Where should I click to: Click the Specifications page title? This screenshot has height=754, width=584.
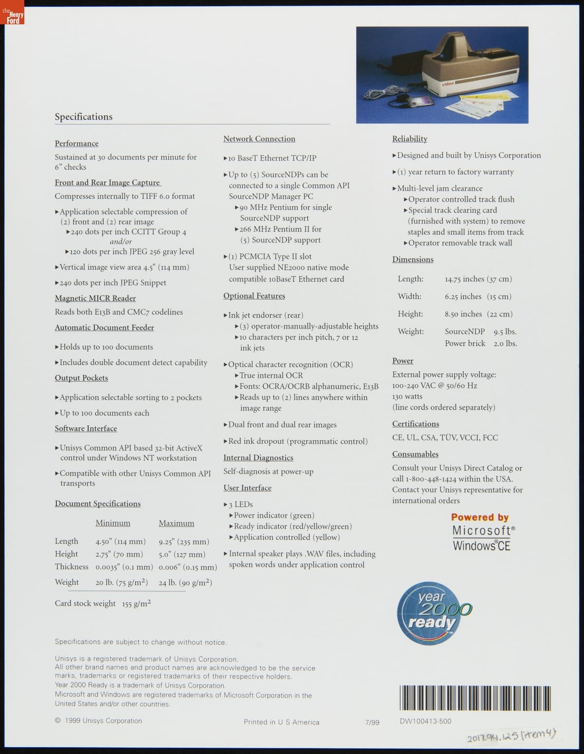point(83,117)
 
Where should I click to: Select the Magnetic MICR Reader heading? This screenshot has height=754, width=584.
point(95,298)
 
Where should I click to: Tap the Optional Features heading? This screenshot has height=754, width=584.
point(254,296)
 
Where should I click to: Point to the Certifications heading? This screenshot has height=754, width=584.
point(416,423)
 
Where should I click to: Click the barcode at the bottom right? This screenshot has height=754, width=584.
point(475,698)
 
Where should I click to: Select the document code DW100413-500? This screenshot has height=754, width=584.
point(425,721)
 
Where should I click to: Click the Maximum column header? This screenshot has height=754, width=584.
point(176,523)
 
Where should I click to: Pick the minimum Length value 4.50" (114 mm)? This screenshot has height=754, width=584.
point(120,542)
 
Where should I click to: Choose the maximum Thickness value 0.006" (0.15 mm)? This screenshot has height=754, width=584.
point(187,567)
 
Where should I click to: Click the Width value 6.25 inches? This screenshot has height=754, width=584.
point(463,297)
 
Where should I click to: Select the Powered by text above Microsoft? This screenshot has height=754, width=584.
point(480,517)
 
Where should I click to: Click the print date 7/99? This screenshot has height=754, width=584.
point(372,722)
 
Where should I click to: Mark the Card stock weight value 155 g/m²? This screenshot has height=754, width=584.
point(136,604)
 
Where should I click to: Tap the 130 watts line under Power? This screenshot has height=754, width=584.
point(407,396)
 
